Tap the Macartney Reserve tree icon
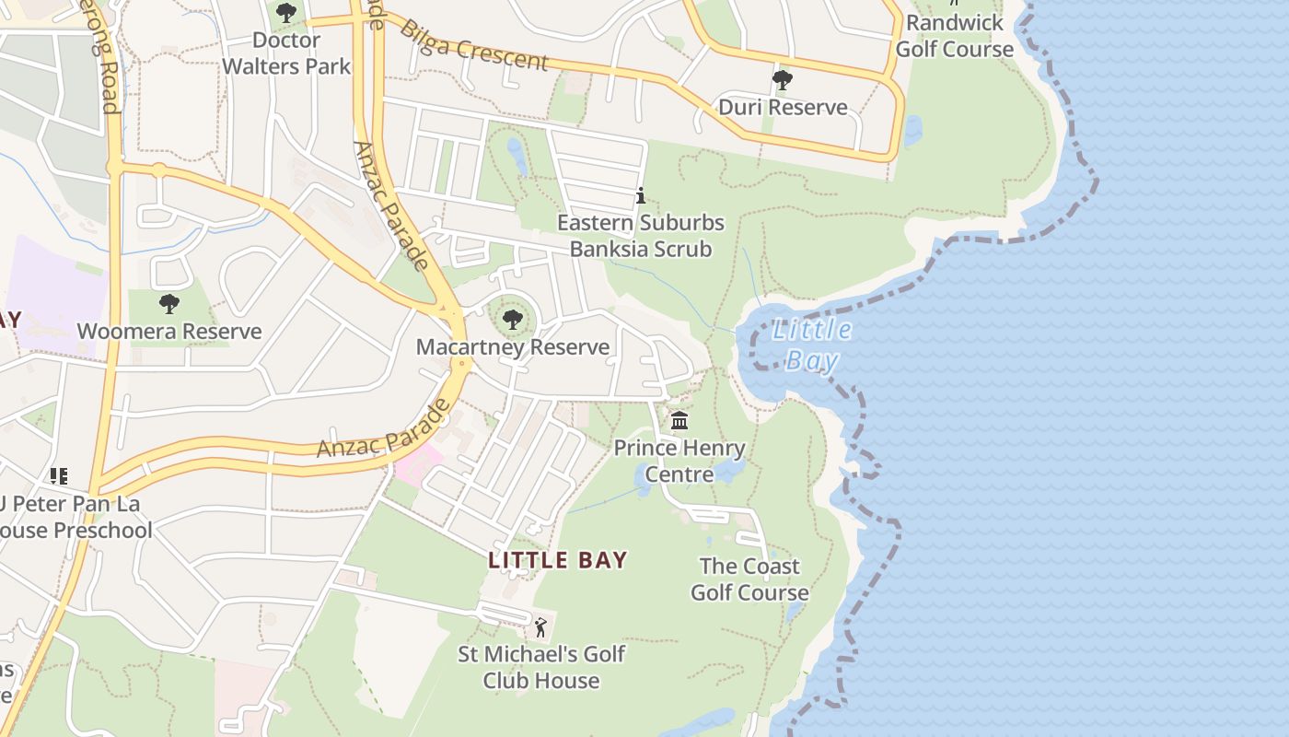point(513,321)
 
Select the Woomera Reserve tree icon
point(168,304)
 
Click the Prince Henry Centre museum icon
point(679,421)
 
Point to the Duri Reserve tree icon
point(783,80)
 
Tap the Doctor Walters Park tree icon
point(286,13)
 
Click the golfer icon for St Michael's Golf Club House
point(540,627)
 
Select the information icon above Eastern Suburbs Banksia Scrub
point(641,196)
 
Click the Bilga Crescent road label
point(473,44)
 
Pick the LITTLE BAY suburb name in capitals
point(558,560)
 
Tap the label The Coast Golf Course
point(749,579)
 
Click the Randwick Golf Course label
point(955,36)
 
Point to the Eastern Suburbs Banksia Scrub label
point(641,236)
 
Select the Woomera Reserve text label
point(169,332)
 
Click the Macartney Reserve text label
point(513,347)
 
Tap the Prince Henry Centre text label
point(679,462)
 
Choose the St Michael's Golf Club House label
point(542,668)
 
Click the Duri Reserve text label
point(783,108)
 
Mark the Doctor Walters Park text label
point(286,53)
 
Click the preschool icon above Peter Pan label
point(59,476)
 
